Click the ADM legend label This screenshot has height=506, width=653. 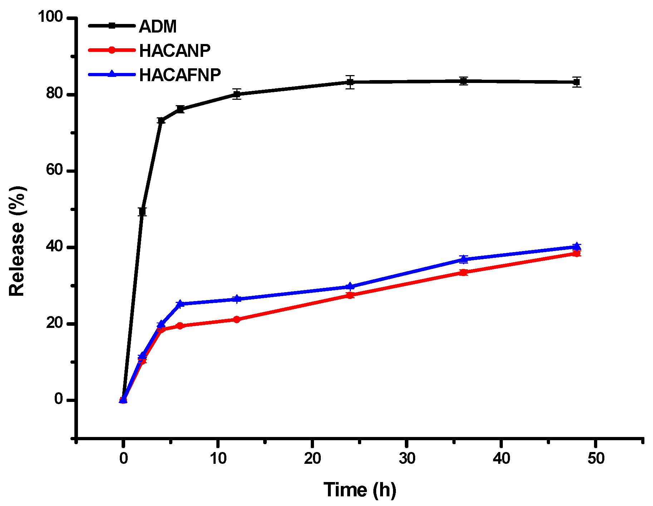158,26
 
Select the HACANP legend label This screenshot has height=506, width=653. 175,51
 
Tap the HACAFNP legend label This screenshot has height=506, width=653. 180,75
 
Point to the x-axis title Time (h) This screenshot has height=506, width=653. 360,490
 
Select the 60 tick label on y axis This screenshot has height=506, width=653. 54,171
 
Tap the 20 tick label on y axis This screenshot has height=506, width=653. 54,323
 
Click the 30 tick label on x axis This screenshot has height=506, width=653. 407,458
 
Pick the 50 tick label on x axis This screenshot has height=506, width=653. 596,458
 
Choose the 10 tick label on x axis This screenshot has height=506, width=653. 218,458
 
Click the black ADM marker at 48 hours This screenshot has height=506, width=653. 576,82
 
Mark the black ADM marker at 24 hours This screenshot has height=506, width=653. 350,82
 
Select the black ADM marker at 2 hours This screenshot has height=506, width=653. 142,212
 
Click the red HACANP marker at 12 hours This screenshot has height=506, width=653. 237,319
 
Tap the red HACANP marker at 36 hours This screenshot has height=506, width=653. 463,272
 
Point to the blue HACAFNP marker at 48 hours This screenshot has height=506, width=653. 576,246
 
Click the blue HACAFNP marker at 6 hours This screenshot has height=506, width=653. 180,303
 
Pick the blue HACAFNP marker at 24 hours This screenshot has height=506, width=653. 350,286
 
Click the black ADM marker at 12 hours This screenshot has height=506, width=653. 237,94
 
